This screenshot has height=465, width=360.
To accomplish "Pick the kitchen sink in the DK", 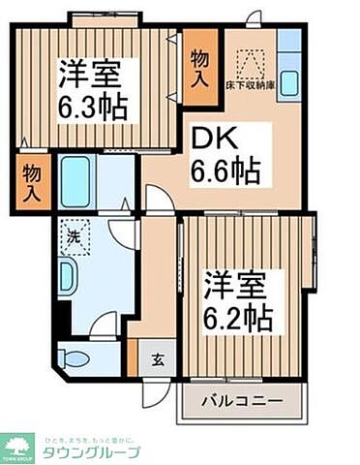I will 288,83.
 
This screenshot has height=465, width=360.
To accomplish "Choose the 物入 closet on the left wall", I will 32,181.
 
